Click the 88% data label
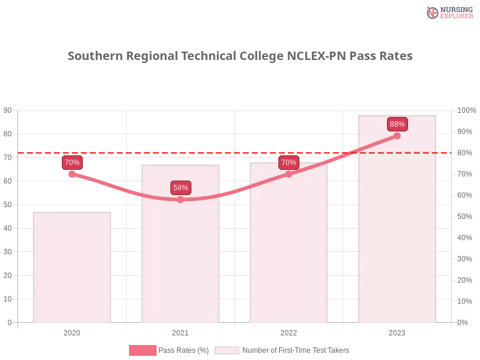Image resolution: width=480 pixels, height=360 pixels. click(x=397, y=124)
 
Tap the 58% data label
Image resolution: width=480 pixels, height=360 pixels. click(x=181, y=188)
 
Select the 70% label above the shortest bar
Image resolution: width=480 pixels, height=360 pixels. click(x=72, y=163)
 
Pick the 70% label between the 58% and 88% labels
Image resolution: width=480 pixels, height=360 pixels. click(x=289, y=163)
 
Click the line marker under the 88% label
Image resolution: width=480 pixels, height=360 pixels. click(x=397, y=136)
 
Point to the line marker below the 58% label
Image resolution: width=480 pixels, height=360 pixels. click(x=181, y=199)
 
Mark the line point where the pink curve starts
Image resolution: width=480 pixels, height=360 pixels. click(x=72, y=174)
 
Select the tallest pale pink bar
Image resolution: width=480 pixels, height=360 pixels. click(x=396, y=219)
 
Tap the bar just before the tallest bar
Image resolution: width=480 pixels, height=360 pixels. click(x=290, y=243)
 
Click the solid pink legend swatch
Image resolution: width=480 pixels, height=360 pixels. click(x=142, y=350)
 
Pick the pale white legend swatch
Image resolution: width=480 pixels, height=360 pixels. click(x=227, y=350)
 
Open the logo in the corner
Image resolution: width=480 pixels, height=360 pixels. click(x=448, y=12)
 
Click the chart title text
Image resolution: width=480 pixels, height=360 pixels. click(x=240, y=56)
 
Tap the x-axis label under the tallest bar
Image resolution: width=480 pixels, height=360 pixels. click(x=397, y=331)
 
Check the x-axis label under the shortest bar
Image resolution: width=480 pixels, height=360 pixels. click(x=72, y=331)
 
